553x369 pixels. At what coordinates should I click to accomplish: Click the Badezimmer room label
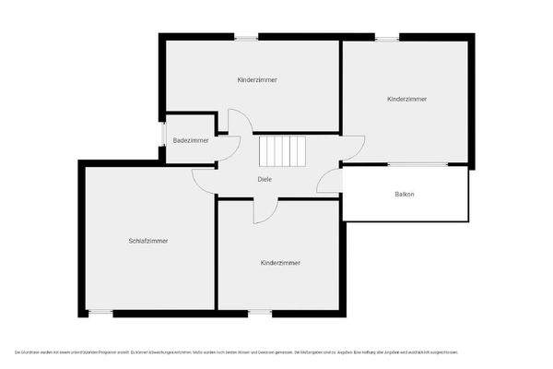(191, 140)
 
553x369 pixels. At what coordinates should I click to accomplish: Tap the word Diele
(265, 179)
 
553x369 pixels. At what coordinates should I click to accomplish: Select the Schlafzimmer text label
(147, 241)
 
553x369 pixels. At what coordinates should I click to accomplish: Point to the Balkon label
(404, 194)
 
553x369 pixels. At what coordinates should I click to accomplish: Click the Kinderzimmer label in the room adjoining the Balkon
(406, 99)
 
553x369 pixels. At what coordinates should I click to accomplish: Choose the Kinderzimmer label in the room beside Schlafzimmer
(280, 263)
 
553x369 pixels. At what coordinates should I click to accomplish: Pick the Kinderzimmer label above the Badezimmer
(257, 80)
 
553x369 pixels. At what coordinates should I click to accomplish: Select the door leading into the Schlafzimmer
(205, 180)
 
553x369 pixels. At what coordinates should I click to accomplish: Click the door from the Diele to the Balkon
(329, 182)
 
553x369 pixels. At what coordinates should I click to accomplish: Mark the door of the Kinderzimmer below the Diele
(265, 211)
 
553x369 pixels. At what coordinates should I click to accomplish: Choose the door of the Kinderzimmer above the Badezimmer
(239, 122)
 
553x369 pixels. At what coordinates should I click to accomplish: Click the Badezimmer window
(164, 134)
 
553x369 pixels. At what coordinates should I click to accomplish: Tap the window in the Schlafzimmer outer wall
(100, 313)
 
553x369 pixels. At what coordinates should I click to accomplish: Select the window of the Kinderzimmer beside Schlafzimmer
(260, 313)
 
